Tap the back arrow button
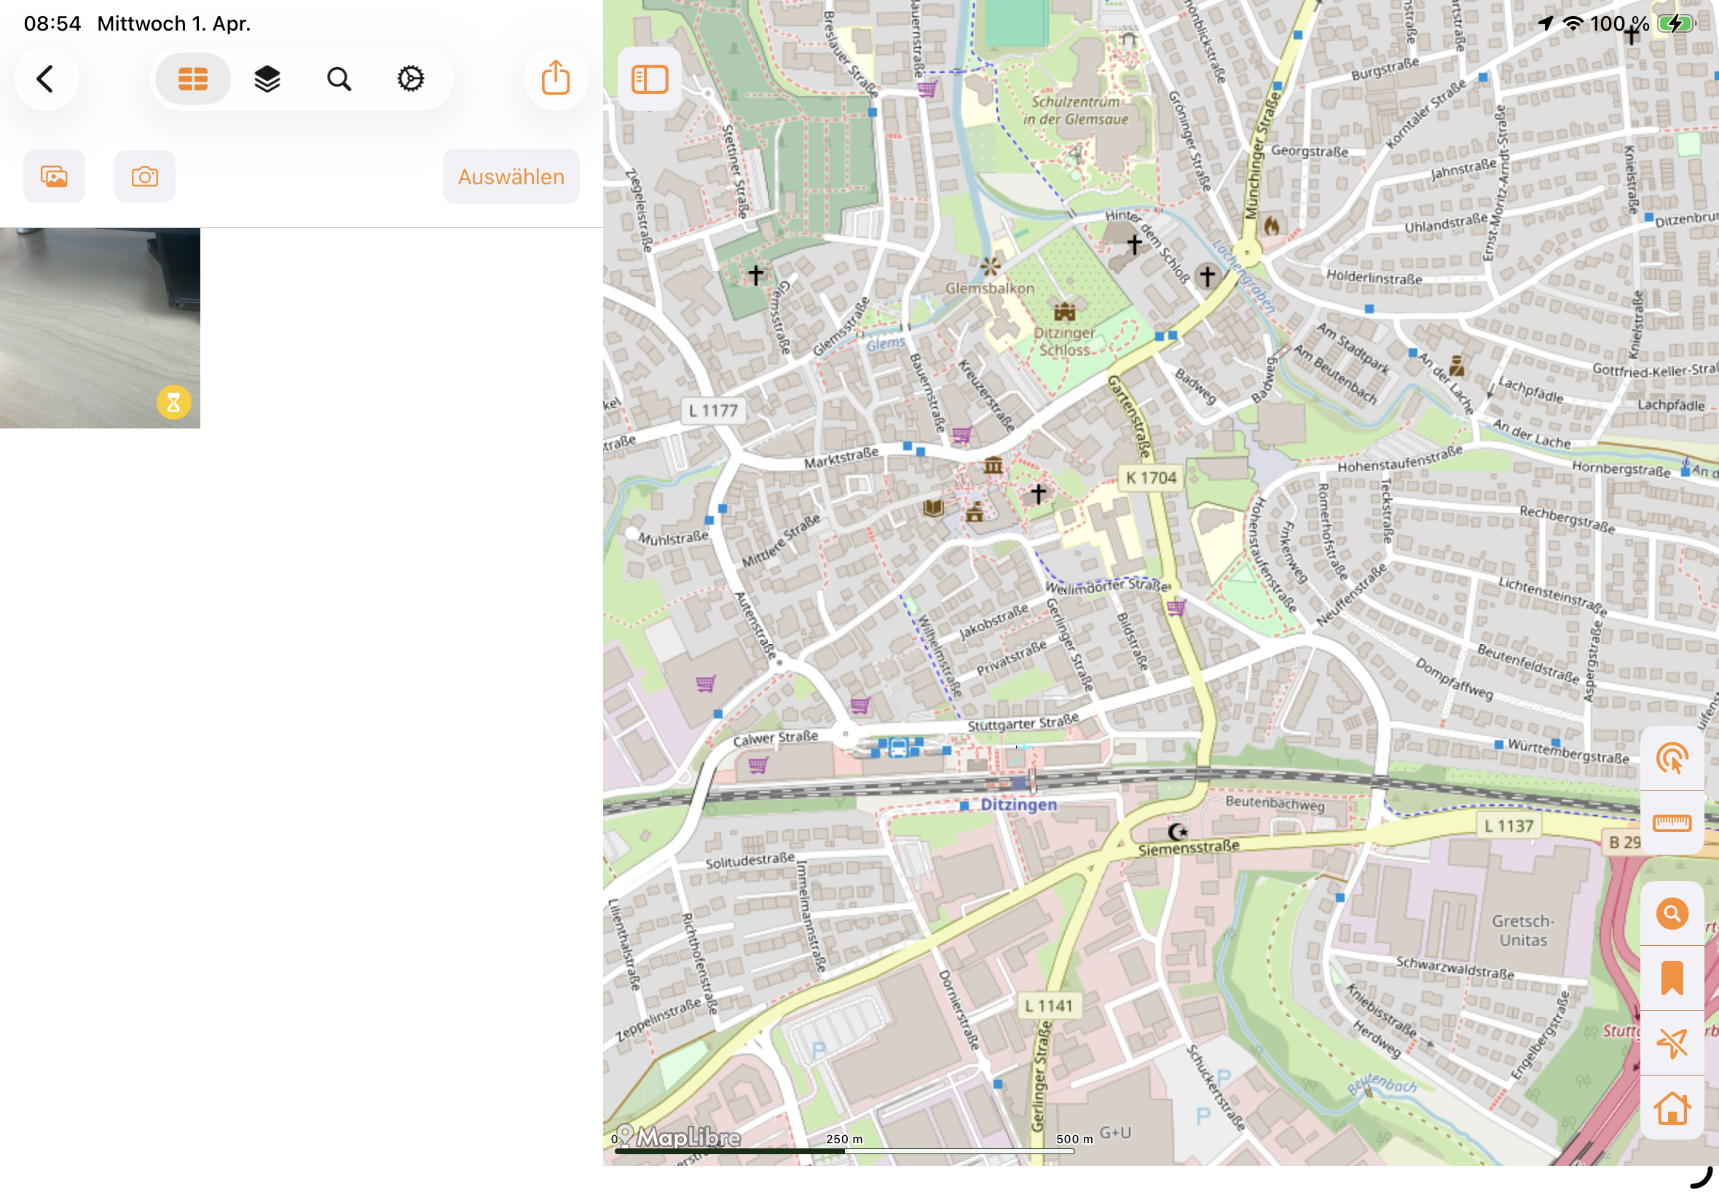[46, 79]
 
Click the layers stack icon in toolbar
[267, 79]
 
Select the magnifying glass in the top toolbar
[339, 79]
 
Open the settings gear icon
[410, 79]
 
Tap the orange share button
[555, 79]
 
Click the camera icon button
[144, 177]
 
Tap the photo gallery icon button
[54, 177]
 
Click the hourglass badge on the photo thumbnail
[173, 403]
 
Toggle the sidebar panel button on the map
[649, 79]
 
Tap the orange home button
[1671, 1108]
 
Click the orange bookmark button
[1671, 978]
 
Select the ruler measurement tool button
[1671, 823]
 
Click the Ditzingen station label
[1018, 805]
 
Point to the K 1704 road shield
[1150, 478]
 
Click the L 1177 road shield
[713, 411]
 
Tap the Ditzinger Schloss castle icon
[1064, 311]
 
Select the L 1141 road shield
[1048, 1006]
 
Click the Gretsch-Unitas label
[1523, 930]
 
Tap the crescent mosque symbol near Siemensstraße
[1177, 832]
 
